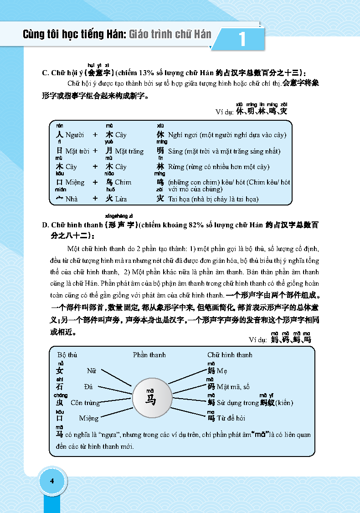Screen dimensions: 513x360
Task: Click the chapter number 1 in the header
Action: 242,39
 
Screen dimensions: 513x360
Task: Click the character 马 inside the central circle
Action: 150,400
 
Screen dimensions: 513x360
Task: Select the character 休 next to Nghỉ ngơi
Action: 160,135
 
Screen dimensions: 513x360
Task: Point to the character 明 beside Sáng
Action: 160,151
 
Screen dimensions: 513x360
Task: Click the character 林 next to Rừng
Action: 160,167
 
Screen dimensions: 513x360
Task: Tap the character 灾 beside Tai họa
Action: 160,199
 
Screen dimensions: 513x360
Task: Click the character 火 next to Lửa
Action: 109,199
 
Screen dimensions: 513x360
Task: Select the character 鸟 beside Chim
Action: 109,182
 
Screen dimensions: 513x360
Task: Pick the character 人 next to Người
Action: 59,135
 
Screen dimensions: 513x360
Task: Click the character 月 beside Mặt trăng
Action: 109,151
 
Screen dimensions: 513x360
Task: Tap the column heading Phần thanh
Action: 149,355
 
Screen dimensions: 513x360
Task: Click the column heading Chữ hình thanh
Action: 230,355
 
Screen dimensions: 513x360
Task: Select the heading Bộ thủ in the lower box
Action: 67,355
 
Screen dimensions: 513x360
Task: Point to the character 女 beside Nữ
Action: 60,371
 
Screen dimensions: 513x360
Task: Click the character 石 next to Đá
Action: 60,387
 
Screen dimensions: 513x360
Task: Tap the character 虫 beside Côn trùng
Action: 60,403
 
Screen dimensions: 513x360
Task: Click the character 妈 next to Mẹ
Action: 211,371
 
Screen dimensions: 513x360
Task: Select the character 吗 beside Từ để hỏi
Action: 211,418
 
